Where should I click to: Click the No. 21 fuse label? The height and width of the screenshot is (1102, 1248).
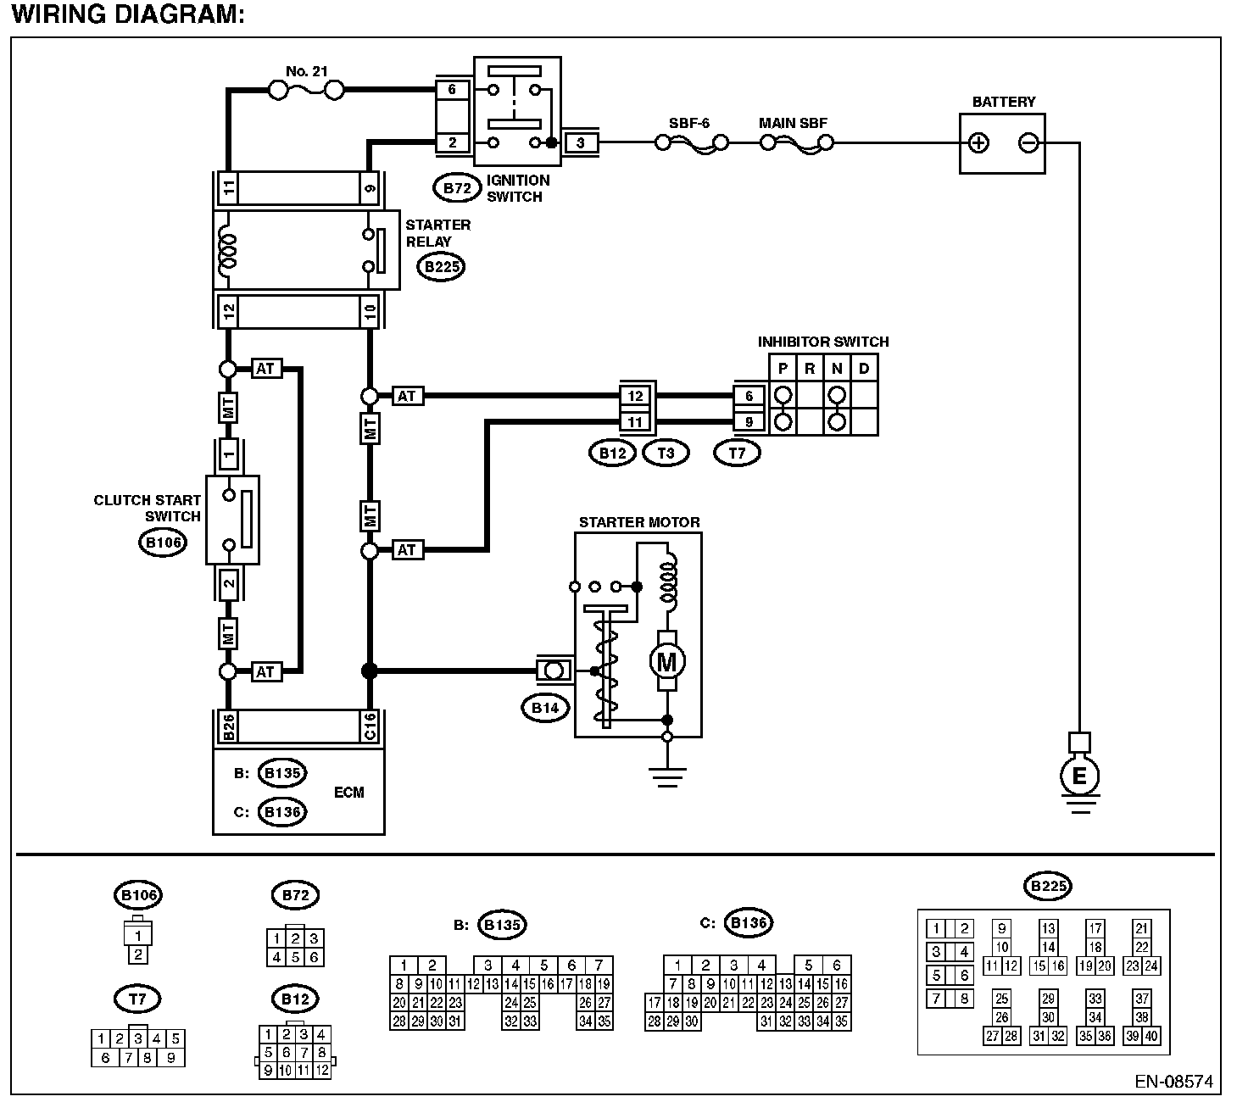(x=306, y=72)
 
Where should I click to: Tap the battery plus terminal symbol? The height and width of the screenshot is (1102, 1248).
(x=979, y=142)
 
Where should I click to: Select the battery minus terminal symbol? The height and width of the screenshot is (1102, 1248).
(x=1028, y=142)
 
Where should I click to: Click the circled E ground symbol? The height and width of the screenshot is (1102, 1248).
(x=1079, y=776)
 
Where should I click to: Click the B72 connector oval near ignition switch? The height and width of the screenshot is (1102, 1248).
(x=457, y=188)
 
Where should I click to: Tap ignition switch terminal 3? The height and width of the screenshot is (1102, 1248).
(x=581, y=142)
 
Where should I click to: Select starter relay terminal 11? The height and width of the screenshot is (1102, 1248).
(x=228, y=188)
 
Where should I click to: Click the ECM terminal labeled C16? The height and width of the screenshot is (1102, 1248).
(x=370, y=726)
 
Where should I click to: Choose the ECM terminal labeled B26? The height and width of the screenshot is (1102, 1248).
(x=228, y=726)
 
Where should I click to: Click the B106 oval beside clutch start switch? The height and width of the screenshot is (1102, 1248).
(x=161, y=543)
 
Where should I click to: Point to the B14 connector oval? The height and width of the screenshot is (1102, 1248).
(x=545, y=708)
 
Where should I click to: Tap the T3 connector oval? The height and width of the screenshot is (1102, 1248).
(x=666, y=453)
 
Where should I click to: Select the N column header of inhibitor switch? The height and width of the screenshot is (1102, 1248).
(x=837, y=368)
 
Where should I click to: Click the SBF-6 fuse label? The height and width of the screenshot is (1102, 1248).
(x=688, y=123)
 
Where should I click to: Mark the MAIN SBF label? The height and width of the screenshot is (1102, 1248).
(x=793, y=123)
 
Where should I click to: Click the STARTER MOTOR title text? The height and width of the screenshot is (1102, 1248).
(x=639, y=522)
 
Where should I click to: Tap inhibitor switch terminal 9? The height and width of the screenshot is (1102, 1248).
(x=749, y=421)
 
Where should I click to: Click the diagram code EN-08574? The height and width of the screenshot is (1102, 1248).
(x=1173, y=1082)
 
